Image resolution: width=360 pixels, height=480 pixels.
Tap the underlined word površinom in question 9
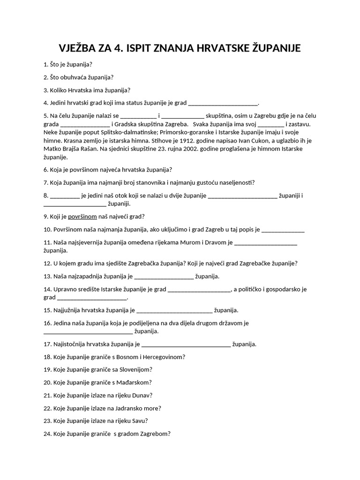[82, 217]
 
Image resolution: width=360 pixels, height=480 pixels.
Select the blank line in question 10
[283, 230]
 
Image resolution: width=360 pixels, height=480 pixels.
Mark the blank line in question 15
[174, 310]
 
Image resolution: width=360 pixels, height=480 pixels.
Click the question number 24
[47, 434]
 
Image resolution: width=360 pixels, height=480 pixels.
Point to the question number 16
[47, 323]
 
